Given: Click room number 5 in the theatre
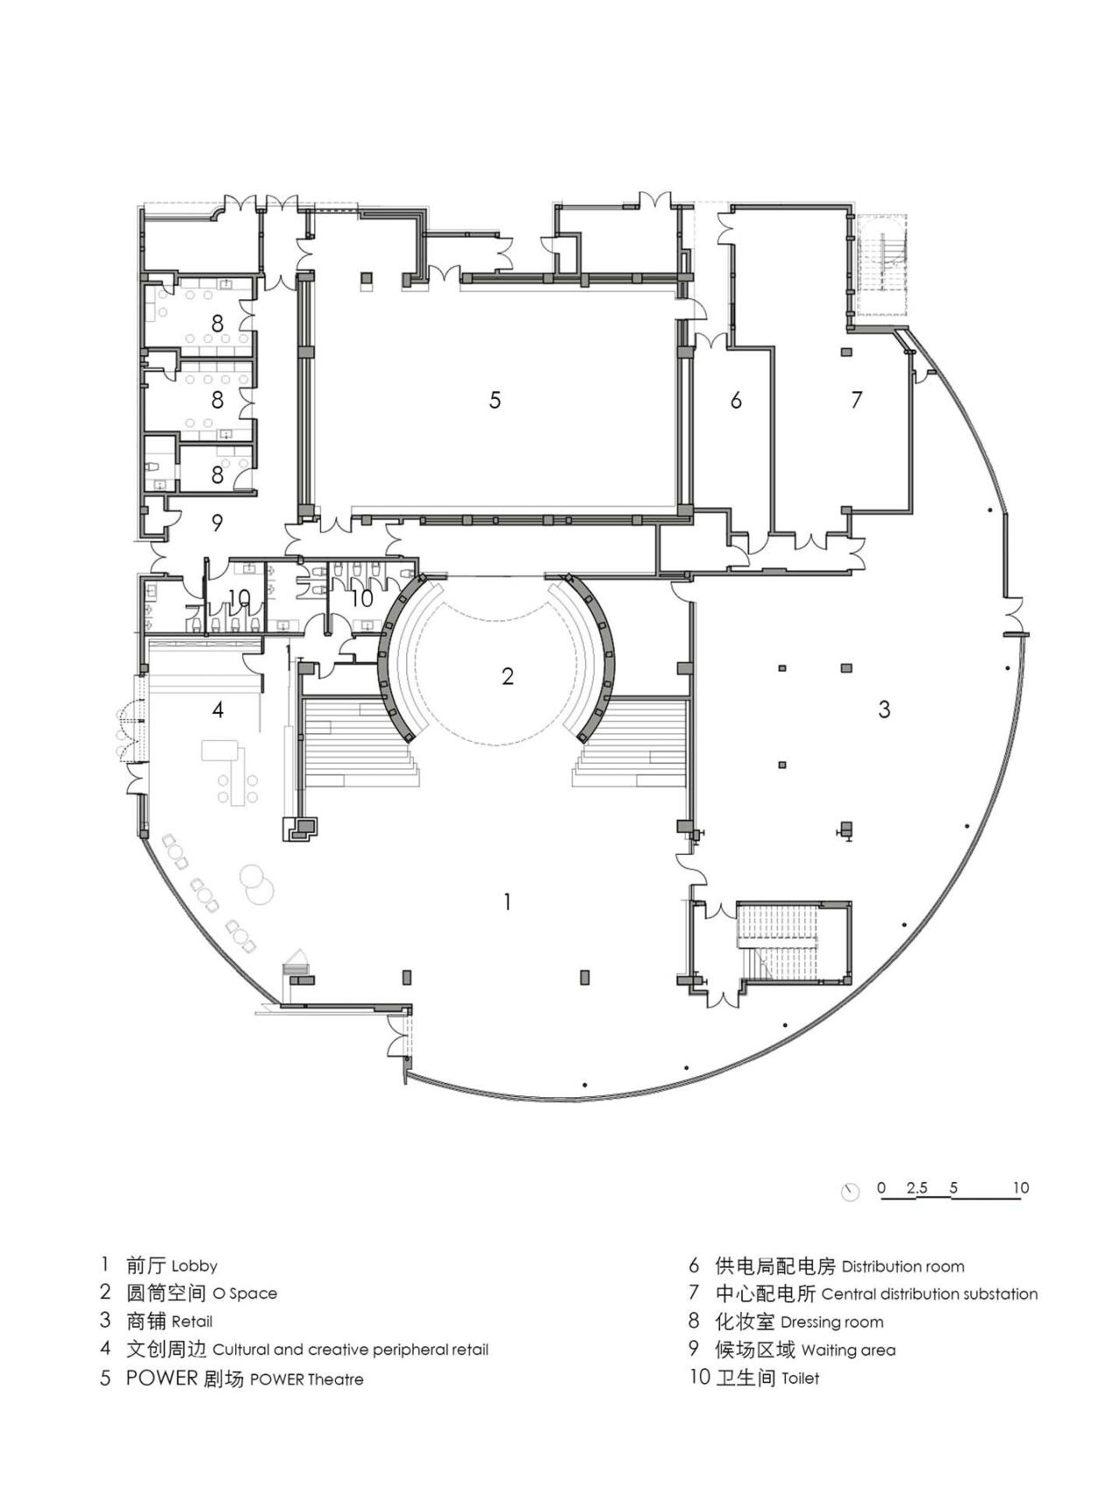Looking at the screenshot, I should point(495,401).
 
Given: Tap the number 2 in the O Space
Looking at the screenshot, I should point(507,676).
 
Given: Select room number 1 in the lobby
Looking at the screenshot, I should point(507,901).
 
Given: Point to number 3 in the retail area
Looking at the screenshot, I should point(884,709).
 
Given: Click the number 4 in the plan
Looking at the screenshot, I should point(218,710).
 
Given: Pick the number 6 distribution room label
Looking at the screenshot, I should point(736,401).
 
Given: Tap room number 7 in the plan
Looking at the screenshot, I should point(857,400).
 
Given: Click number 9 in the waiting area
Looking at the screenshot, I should point(217,523).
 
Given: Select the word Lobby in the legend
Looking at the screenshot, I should point(194,1266).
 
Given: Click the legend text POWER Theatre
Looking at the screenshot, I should point(306,1380).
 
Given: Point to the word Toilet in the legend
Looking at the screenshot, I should point(801,1379).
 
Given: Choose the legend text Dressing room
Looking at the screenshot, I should point(831,1322).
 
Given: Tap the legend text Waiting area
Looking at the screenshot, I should point(848,1351).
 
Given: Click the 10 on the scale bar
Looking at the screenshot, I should point(1020,1188).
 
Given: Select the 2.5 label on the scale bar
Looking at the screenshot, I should point(916,1188).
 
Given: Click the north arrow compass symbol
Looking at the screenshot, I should point(850,1192).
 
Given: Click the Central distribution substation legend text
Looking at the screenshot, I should point(929,1294).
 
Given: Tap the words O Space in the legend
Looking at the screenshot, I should point(244,1294).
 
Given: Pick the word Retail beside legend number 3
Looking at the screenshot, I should point(192,1322).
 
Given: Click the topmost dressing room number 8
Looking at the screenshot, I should point(217,325).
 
